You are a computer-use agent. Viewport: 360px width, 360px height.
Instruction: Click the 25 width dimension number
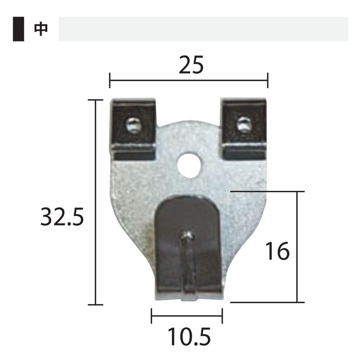tap(191, 66)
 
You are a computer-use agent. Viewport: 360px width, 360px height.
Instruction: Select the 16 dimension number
tap(277, 252)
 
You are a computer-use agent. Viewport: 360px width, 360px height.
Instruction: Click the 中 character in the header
tap(40, 29)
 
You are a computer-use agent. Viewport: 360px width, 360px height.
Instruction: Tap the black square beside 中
tap(18, 29)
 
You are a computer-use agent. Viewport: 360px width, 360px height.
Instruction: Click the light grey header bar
tap(203, 29)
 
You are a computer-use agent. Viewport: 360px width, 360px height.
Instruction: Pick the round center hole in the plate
tap(189, 165)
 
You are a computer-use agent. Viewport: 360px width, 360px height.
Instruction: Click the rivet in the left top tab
tap(134, 125)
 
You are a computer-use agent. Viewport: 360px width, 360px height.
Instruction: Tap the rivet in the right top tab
tap(244, 125)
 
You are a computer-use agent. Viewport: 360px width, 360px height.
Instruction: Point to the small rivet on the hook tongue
tap(188, 235)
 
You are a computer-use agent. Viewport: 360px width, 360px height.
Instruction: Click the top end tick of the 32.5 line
tap(95, 100)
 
